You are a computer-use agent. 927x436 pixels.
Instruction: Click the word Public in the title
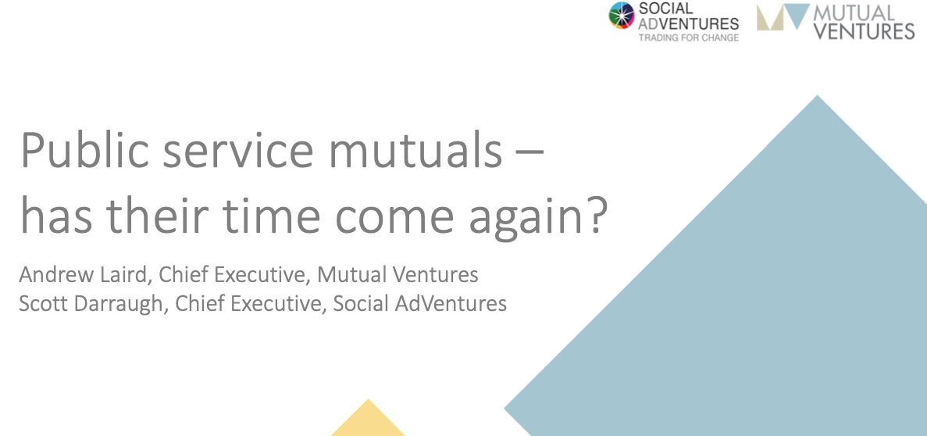tap(84, 152)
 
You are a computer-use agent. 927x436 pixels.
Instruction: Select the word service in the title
tap(237, 152)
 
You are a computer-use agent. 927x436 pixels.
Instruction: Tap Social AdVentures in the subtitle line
tap(419, 303)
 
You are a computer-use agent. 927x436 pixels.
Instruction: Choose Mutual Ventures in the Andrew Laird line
tap(398, 274)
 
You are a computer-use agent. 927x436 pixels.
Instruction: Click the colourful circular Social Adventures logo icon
tap(622, 16)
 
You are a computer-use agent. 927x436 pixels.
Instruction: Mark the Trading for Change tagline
tap(688, 38)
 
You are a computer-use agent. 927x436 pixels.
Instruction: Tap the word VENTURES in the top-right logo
tap(865, 30)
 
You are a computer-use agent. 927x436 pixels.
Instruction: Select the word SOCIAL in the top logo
tap(665, 9)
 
